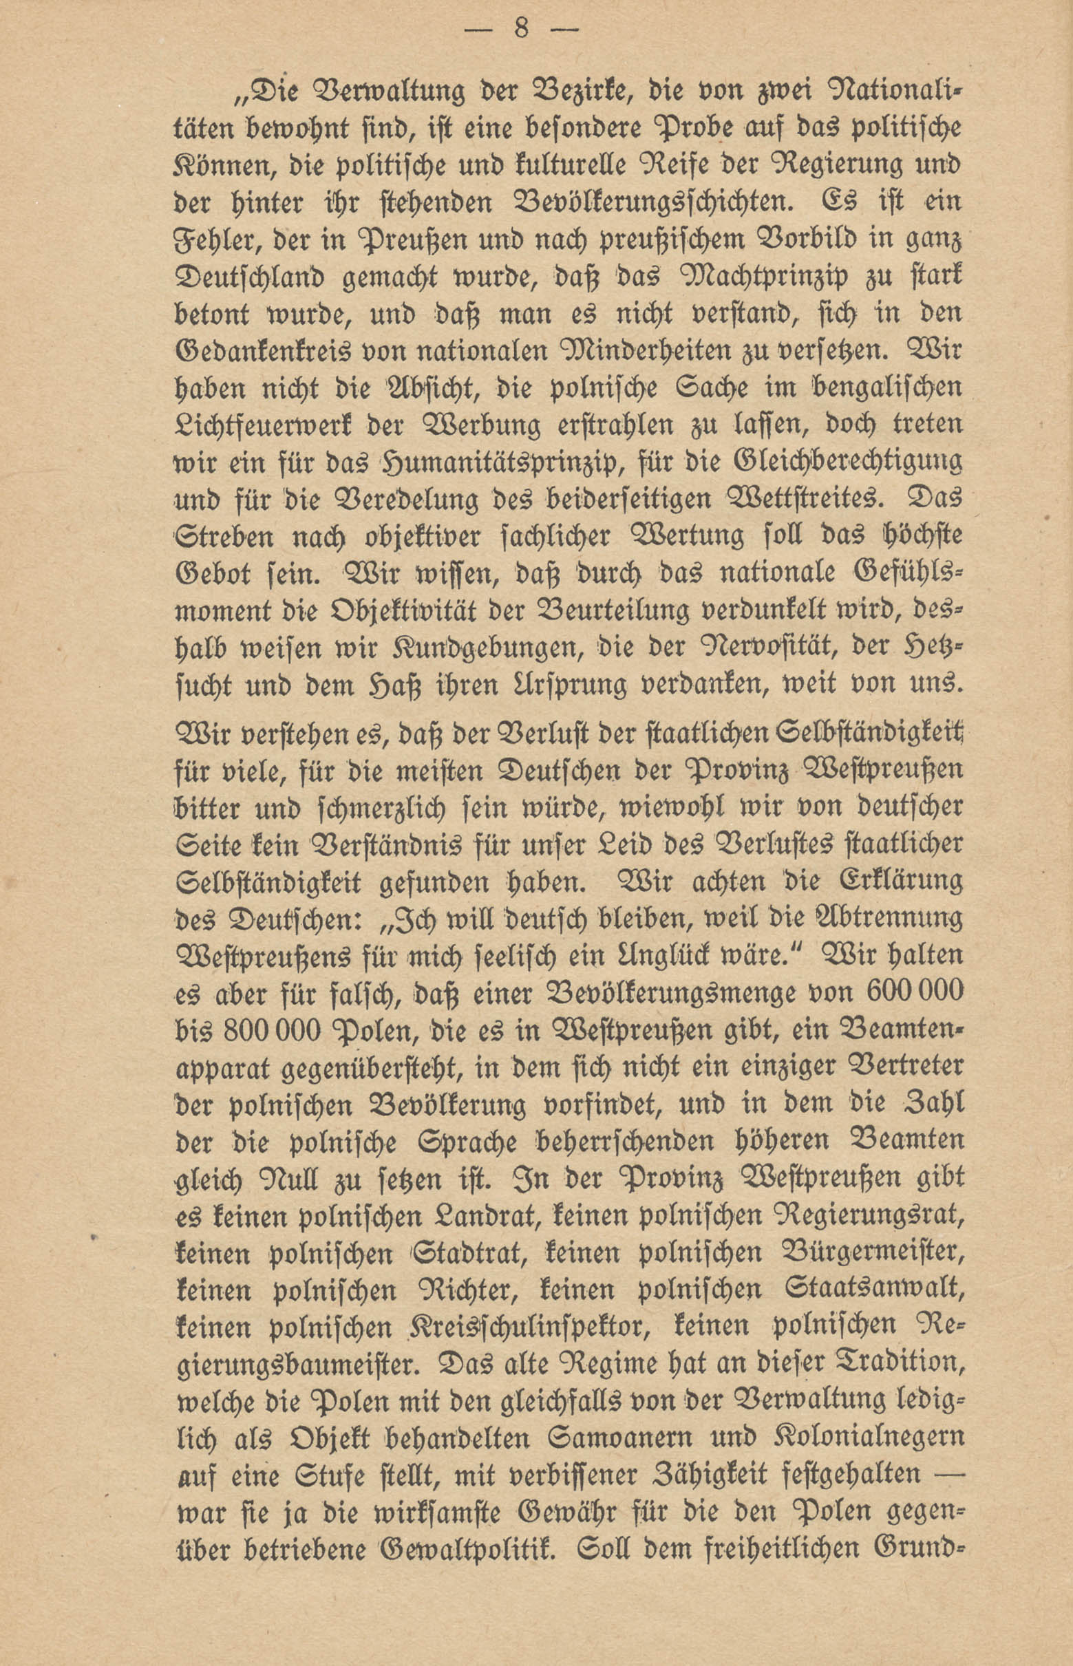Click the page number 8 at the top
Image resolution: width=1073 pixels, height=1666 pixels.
click(522, 30)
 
